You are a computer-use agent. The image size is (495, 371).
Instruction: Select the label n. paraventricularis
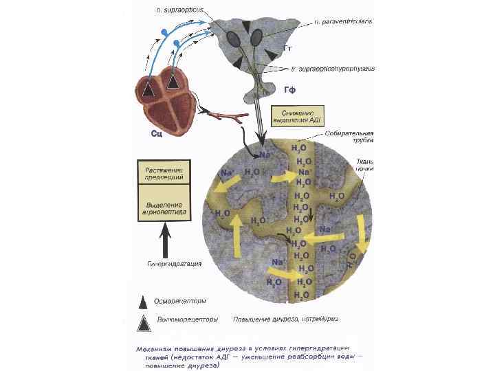[x=342, y=23]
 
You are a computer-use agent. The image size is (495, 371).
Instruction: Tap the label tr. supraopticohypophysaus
[x=333, y=69]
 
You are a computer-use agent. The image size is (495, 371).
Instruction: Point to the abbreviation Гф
[x=289, y=89]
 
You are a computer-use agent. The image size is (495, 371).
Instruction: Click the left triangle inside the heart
[x=148, y=87]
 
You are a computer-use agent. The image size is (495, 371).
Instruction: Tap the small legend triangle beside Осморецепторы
[x=143, y=301]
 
